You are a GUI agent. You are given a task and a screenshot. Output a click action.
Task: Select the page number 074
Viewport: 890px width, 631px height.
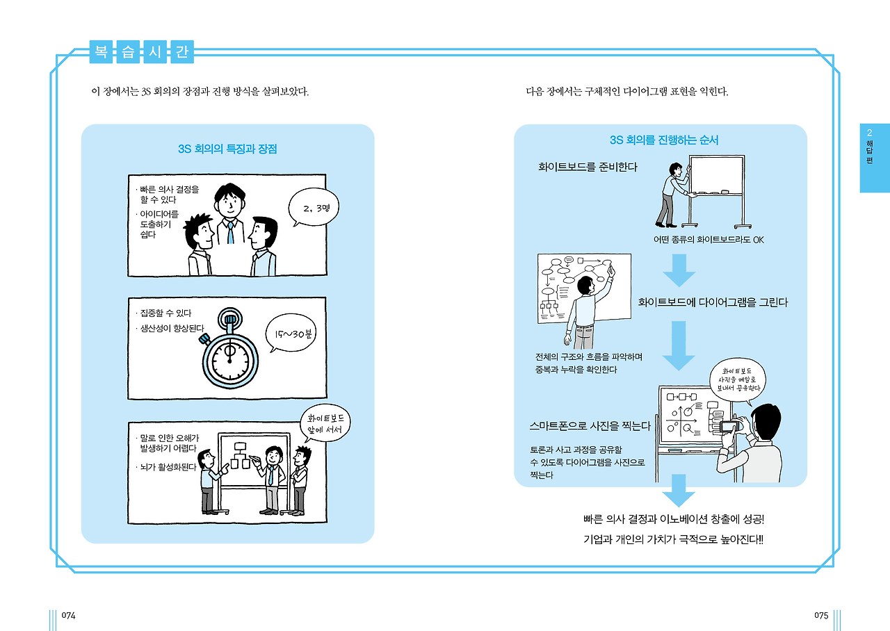68,616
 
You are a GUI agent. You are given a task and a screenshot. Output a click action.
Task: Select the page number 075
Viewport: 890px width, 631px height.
820,616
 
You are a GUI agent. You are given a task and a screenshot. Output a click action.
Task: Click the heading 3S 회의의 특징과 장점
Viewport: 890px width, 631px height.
227,149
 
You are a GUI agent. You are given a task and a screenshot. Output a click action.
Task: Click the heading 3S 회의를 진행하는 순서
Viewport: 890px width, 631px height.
663,140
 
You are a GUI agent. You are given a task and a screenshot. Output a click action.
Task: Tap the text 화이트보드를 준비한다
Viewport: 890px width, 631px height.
588,167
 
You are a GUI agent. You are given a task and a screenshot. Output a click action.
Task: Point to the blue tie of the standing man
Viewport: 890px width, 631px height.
230,231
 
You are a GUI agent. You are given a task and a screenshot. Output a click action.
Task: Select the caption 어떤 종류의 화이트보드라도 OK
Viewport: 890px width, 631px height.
708,240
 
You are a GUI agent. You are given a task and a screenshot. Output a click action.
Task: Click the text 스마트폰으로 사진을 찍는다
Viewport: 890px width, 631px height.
590,425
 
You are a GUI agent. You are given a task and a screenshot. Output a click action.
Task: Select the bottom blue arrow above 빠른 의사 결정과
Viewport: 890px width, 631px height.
678,491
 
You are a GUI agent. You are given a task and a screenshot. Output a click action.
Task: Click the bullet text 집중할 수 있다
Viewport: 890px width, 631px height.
165,313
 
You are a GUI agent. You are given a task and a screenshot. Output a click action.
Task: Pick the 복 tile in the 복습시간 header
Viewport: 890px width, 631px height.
102,53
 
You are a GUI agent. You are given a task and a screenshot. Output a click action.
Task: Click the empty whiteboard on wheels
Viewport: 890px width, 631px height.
715,177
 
